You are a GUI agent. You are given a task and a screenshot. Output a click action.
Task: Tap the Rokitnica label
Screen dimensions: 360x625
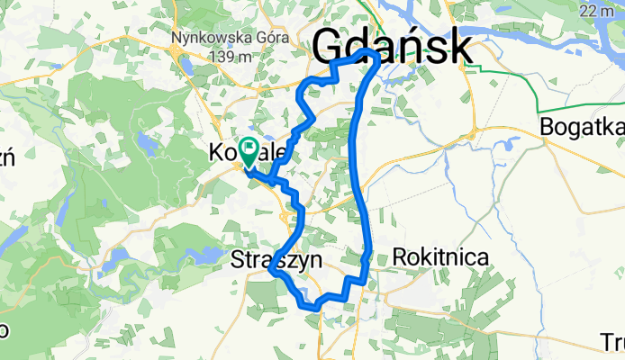pos(441,257)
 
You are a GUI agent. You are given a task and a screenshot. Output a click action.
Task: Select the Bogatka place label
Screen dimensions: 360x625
pos(582,128)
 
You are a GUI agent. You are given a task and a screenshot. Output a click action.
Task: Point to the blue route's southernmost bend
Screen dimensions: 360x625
pos(315,307)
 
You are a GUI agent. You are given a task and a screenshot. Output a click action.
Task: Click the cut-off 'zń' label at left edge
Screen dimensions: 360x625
pos(7,158)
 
